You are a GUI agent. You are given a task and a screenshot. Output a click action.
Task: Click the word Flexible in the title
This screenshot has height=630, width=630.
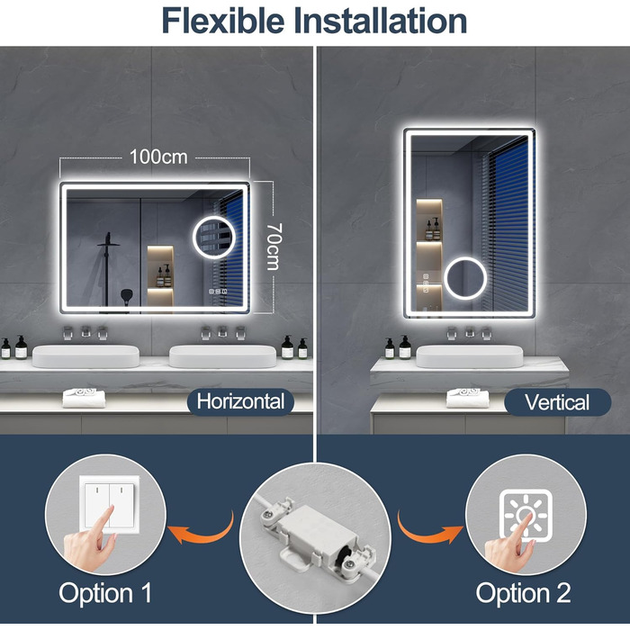223,21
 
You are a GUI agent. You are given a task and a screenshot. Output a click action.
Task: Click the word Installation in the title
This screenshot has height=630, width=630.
381,21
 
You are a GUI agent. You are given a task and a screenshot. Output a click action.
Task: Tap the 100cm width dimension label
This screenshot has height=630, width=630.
158,157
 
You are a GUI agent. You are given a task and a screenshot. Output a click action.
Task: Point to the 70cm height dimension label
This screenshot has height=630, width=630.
274,247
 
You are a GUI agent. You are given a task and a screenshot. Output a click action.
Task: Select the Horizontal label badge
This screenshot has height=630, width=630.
240,401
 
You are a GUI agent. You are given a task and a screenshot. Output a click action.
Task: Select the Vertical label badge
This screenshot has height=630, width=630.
557,401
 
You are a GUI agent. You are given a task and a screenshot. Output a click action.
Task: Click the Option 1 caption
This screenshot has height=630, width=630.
105,592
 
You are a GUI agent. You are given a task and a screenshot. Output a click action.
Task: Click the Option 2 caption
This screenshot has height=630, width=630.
523,592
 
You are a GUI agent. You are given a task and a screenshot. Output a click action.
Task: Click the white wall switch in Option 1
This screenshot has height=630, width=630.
110,505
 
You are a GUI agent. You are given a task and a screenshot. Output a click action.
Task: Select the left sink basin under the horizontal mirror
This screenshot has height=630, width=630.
85,356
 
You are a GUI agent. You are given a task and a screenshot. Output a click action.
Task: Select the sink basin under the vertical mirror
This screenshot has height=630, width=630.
470,356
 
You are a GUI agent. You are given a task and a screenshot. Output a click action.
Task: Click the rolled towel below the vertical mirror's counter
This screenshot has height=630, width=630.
467,398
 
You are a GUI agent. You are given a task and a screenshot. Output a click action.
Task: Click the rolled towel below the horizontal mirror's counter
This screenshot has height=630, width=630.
84,398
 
